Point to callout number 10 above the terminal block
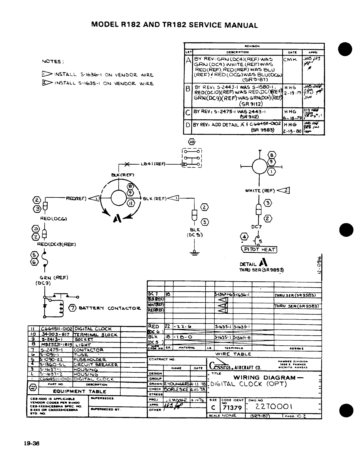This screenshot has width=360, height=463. [x=192, y=142]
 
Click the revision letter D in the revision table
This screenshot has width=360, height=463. [x=188, y=125]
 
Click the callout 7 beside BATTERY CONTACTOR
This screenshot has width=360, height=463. [x=72, y=308]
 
